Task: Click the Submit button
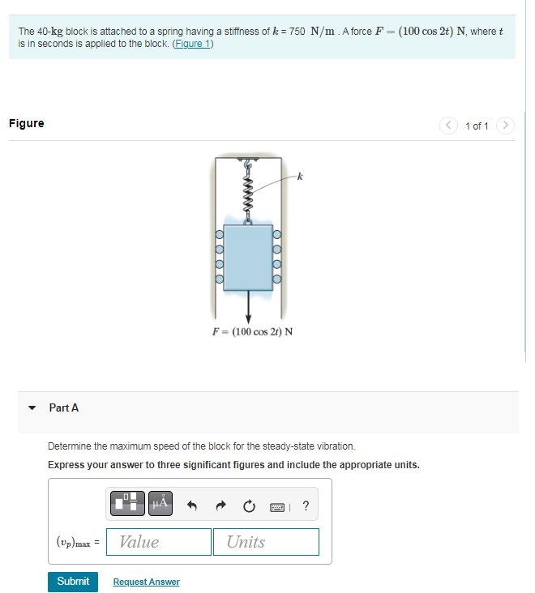(x=73, y=582)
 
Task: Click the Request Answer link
(x=146, y=582)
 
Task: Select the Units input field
(x=266, y=542)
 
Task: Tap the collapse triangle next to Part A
(x=32, y=408)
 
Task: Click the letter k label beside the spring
(x=299, y=177)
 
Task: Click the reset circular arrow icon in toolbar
(x=248, y=506)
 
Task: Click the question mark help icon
(x=305, y=506)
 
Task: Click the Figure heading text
(x=27, y=123)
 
